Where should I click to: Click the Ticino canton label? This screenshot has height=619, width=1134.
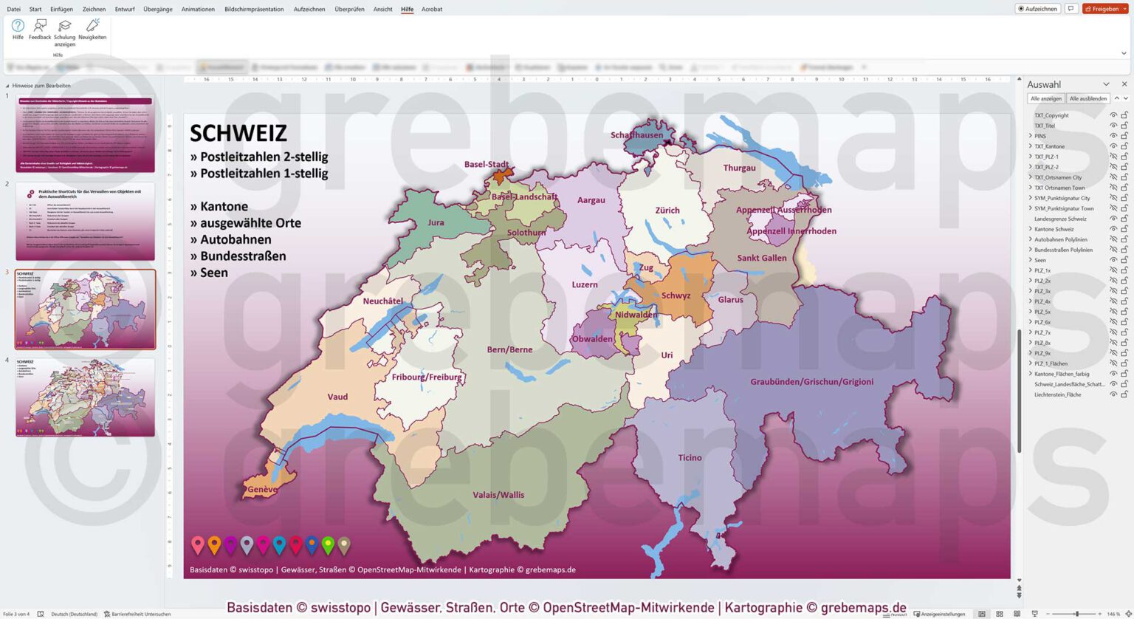coord(690,458)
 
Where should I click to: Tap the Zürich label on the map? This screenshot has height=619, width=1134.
coord(667,211)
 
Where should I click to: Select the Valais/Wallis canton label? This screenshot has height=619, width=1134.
coord(498,495)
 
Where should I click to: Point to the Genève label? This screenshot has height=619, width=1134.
coord(262,490)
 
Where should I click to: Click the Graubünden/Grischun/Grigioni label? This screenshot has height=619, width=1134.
coord(811,382)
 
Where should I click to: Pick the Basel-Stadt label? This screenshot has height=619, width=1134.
coord(486,165)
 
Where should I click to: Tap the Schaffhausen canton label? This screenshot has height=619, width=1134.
coord(636,135)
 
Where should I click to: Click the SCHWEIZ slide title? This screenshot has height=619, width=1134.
coord(238,133)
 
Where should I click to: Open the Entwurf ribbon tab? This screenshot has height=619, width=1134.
coord(125,9)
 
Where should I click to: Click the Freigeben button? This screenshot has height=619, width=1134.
coord(1104,9)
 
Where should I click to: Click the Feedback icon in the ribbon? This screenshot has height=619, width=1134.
coord(40,30)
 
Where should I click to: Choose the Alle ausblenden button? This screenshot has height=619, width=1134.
coord(1087,98)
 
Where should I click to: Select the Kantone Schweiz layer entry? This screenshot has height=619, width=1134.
coord(1054,229)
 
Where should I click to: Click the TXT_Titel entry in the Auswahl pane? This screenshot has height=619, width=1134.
coord(1044,126)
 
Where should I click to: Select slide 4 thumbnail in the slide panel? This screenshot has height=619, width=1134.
coord(85,397)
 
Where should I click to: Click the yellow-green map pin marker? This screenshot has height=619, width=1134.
coord(328,546)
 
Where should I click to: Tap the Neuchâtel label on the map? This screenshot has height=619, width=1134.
coord(382,301)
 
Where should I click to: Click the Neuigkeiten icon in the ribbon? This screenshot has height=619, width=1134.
coord(92,30)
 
